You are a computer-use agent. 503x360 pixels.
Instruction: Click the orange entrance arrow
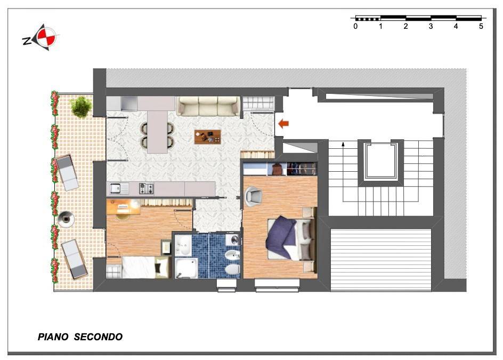pos(283,124)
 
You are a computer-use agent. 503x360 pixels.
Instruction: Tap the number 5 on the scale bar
pos(481,26)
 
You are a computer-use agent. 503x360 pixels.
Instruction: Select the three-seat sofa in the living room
pos(207,106)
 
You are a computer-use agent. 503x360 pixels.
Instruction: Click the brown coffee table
pos(208,137)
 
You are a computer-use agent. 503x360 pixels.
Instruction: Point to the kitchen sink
pos(117,188)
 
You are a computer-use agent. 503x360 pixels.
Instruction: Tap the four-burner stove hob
pos(146,188)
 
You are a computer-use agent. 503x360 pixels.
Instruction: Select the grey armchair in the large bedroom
pos(254,195)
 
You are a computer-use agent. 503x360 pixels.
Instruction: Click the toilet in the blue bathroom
pos(232,269)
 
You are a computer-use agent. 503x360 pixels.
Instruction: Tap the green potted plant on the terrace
pos(80,106)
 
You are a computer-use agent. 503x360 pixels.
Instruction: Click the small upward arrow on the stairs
pos(343,144)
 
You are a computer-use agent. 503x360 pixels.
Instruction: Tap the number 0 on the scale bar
pos(355,26)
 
